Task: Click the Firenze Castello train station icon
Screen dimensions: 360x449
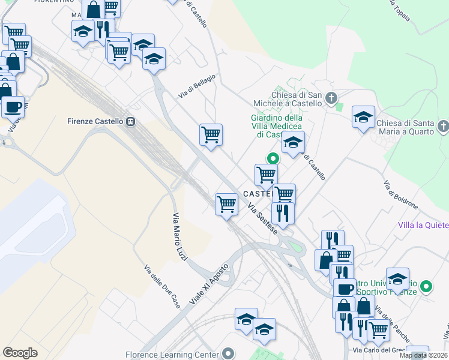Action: click(x=130, y=121)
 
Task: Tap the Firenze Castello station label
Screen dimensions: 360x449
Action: click(x=95, y=121)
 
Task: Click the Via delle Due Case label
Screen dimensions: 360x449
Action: click(x=162, y=284)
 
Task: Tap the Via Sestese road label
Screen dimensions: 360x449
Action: click(x=263, y=221)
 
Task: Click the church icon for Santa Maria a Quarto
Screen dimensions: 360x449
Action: click(x=443, y=126)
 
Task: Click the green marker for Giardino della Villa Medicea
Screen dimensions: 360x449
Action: click(x=273, y=159)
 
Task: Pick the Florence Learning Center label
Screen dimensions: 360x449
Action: click(x=172, y=355)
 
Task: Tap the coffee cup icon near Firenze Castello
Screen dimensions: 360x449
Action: click(x=13, y=107)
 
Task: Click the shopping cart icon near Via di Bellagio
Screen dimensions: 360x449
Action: click(x=211, y=134)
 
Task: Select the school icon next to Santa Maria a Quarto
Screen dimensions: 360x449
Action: click(x=363, y=116)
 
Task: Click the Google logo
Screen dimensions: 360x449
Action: click(x=20, y=352)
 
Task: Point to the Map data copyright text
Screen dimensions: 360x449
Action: click(x=423, y=355)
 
